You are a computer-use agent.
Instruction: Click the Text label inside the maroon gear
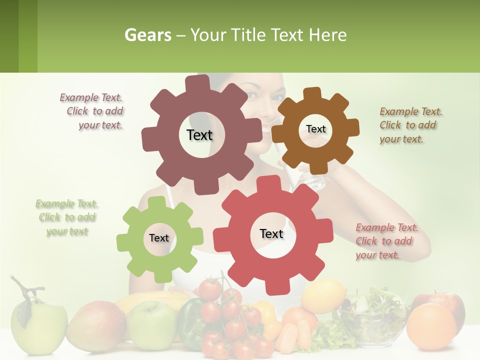pos(199,135)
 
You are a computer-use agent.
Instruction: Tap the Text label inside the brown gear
pos(315,129)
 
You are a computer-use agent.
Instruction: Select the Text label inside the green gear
pos(159,238)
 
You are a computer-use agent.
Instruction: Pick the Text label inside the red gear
pos(271,233)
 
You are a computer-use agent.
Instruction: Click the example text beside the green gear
pos(67,217)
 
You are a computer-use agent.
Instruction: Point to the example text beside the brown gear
pos(410,125)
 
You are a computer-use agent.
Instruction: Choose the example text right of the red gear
pos(386,241)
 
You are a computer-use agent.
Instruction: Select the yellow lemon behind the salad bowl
pos(323,295)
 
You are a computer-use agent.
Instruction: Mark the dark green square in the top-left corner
pos(9,36)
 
